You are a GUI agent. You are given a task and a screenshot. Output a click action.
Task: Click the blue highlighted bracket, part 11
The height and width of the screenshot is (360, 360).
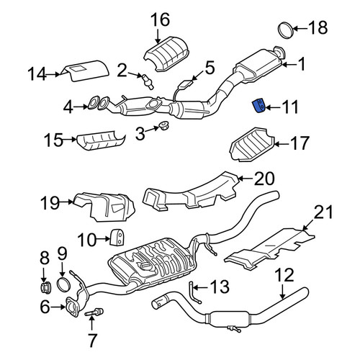click(x=258, y=106)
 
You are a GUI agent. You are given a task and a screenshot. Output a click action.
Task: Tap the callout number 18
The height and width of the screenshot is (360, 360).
click(x=318, y=27)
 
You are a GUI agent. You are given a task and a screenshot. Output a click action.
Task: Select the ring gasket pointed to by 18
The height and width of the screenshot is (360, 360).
click(x=286, y=30)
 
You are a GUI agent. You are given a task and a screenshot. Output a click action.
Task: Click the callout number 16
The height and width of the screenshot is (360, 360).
click(x=161, y=19)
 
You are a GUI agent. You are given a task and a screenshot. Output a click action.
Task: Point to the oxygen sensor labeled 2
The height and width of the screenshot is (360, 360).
click(x=148, y=81)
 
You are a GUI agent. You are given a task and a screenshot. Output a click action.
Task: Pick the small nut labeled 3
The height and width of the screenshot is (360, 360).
click(x=164, y=126)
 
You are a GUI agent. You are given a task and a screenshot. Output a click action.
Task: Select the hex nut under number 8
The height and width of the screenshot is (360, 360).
click(x=45, y=287)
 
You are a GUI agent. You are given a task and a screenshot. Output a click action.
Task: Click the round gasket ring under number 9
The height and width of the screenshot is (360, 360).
click(x=63, y=284)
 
